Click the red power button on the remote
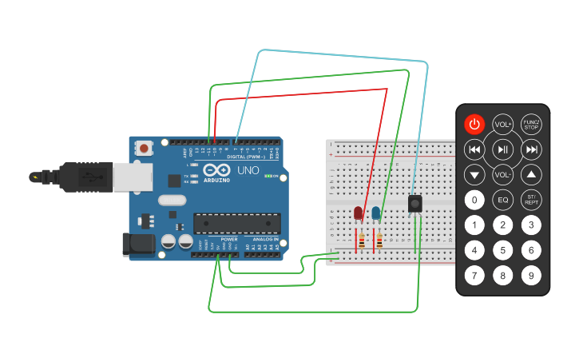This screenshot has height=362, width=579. pos(474,124)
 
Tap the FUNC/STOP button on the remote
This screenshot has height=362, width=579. pos(531,124)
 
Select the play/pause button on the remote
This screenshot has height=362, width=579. pos(503,149)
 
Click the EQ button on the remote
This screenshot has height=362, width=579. pos(503,200)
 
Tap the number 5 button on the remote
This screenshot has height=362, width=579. pos(503,250)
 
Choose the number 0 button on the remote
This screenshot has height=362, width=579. pos(474,200)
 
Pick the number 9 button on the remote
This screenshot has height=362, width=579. pos(531,276)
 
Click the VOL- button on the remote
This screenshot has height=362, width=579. pos(503,174)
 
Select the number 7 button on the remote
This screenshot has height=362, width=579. pos(474,276)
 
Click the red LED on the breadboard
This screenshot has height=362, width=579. pos(359,213)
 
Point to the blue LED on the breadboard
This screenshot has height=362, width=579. pos(375,213)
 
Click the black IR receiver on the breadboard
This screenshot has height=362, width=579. pos(415,204)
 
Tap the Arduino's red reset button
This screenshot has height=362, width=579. pos(144,148)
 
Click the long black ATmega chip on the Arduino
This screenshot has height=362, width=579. pos(237,224)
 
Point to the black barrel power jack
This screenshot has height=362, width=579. pos(137,245)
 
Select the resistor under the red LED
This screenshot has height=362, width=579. pos(362,240)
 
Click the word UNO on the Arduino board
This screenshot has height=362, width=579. pos(248,170)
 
